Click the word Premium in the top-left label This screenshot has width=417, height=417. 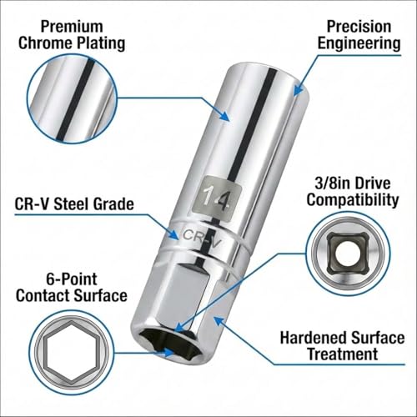(x=72, y=27)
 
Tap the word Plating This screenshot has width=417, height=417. (x=101, y=43)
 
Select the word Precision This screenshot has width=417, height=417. (x=359, y=27)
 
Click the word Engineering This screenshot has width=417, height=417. (x=359, y=43)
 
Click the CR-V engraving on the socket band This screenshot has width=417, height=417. (x=203, y=238)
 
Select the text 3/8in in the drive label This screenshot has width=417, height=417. (x=328, y=183)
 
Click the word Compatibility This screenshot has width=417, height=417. (x=353, y=200)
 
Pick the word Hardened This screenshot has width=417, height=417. (x=314, y=338)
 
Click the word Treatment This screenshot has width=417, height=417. (x=343, y=354)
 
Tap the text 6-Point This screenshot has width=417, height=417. (x=72, y=279)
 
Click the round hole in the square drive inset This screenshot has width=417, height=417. (x=347, y=254)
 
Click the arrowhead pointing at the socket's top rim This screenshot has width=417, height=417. (x=299, y=90)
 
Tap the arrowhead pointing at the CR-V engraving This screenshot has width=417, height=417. (x=173, y=233)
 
